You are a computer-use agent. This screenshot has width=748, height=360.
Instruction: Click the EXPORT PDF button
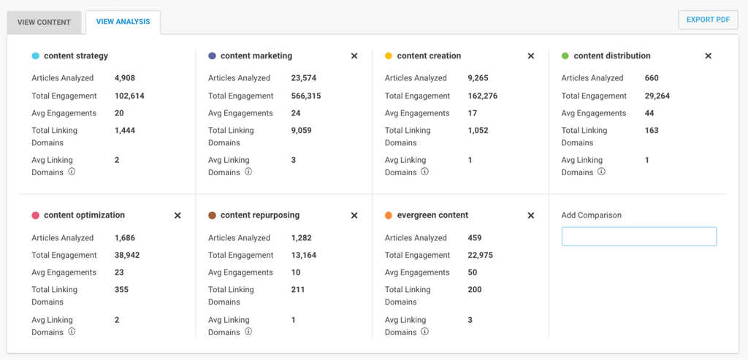[707, 20]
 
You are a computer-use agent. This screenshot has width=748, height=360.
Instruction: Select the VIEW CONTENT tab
[44, 22]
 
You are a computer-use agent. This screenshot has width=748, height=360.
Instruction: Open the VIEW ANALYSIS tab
[123, 22]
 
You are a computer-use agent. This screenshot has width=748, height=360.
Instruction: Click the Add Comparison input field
[638, 237]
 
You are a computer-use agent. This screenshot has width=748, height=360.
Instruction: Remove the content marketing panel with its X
[354, 56]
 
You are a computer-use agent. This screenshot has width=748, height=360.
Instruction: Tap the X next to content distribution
[708, 56]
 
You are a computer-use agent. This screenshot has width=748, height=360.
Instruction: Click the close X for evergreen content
[531, 216]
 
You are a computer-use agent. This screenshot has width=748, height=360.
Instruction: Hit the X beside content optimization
[178, 216]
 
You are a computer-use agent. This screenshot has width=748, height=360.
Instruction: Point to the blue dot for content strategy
[36, 56]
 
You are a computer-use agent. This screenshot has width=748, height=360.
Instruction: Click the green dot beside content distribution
[565, 56]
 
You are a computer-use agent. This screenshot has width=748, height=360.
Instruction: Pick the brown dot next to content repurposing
[212, 216]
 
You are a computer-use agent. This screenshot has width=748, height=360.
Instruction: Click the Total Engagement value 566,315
[305, 96]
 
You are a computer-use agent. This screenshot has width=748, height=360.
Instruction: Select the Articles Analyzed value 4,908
[125, 78]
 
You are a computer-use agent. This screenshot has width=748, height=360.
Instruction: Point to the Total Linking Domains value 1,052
[478, 131]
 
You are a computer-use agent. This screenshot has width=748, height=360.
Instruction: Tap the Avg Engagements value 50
[473, 272]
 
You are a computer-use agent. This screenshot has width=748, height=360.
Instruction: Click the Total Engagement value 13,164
[303, 256]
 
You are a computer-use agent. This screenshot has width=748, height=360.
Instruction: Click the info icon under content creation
[424, 172]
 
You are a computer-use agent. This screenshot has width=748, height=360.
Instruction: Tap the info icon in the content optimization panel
[72, 332]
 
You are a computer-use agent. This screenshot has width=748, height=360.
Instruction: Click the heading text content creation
[429, 56]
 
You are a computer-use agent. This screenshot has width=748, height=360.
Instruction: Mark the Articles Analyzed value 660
[652, 78]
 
